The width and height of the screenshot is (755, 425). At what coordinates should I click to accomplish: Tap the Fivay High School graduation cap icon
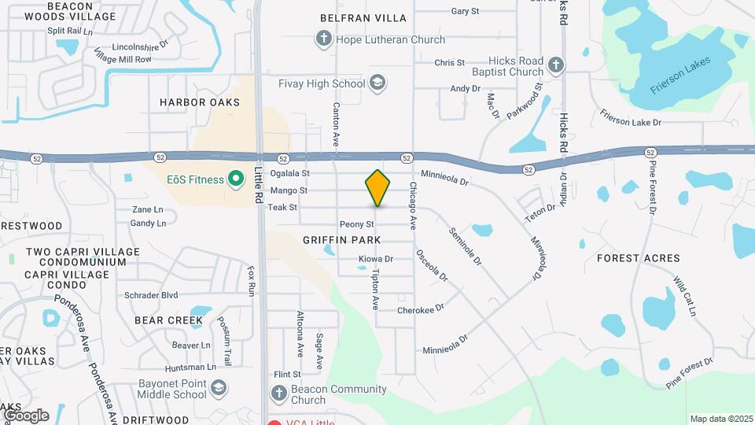pos(377,83)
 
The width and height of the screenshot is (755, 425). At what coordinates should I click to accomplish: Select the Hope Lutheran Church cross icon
pos(322,39)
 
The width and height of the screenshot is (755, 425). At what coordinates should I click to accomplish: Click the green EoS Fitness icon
pos(234,179)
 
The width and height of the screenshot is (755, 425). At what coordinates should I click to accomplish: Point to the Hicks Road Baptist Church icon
pos(556,65)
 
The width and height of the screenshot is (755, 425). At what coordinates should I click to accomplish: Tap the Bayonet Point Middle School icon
pos(219,387)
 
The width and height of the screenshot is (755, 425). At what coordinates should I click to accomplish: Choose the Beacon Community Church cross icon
pos(278,394)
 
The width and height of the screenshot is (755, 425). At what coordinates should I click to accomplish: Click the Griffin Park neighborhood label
pos(341,239)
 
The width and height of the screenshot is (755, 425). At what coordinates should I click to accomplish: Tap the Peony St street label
pos(356,225)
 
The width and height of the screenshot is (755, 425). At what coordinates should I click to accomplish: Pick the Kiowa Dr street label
pos(375,258)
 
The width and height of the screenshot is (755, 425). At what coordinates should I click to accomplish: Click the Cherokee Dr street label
pos(421,309)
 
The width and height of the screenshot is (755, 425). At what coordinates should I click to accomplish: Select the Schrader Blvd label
pos(151,295)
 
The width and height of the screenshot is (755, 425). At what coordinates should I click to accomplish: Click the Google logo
pos(26,415)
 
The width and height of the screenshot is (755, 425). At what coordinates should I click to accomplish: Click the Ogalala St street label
pos(289,173)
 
